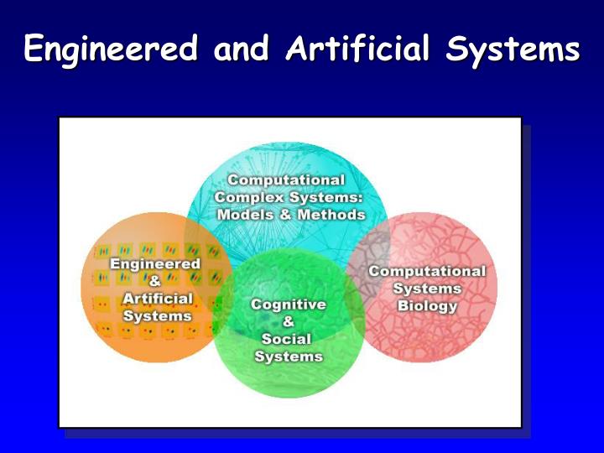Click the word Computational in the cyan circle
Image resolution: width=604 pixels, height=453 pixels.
(286, 180)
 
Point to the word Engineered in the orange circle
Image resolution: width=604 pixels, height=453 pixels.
(156, 263)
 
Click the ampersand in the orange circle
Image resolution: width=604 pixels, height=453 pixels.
(155, 281)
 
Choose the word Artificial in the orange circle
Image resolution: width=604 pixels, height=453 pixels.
(157, 299)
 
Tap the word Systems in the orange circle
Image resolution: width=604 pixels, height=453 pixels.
(157, 316)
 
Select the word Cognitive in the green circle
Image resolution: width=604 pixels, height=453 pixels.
(289, 305)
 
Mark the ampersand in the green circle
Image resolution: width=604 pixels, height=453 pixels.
(289, 321)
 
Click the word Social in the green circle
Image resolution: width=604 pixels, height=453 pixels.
(287, 339)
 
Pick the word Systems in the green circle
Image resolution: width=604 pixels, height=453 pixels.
(289, 357)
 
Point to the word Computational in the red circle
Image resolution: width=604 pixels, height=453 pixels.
(427, 271)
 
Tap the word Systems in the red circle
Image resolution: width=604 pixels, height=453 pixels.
(427, 289)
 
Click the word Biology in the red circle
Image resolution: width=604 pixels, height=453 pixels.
(427, 305)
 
